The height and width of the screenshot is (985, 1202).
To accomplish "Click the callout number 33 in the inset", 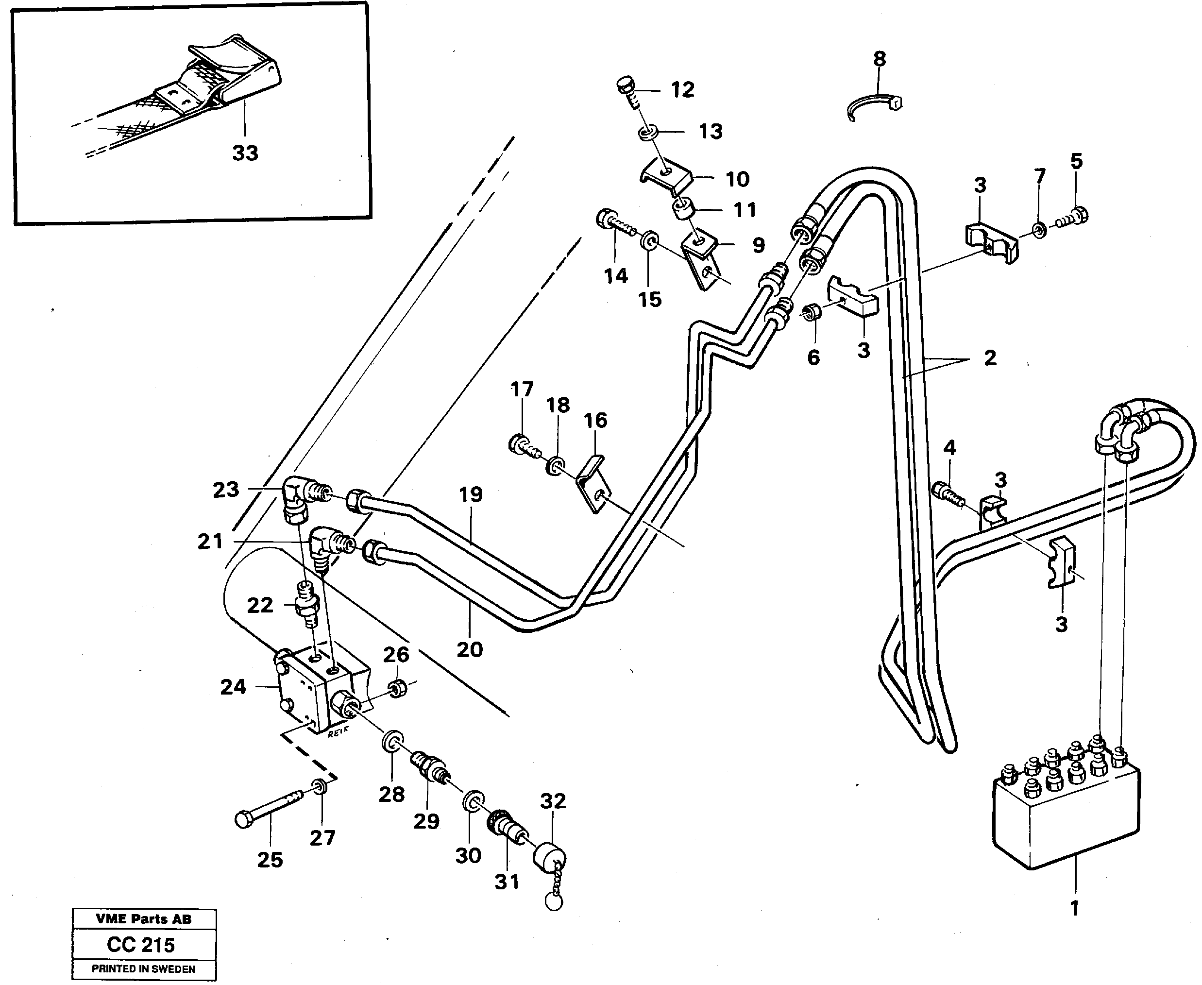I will [x=245, y=153].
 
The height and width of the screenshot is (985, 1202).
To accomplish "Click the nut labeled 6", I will [x=811, y=312].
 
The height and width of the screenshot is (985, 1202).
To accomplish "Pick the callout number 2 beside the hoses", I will [x=990, y=358].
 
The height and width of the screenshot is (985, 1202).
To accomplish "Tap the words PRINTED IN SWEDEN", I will [x=144, y=969].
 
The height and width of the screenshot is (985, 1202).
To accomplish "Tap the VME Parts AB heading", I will [x=144, y=919].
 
